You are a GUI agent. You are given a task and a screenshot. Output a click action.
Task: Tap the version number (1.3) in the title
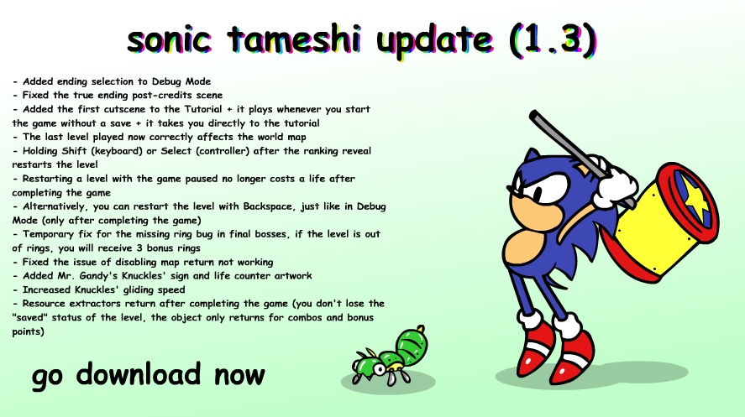(553, 39)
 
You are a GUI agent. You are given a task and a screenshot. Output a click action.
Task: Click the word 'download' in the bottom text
(139, 374)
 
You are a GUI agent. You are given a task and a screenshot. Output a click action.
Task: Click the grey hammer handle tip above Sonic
(534, 115)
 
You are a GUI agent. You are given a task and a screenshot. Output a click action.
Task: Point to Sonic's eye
(545, 190)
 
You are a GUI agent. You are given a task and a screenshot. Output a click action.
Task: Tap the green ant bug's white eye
(379, 368)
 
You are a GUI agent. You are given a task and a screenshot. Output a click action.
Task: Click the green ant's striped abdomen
(412, 345)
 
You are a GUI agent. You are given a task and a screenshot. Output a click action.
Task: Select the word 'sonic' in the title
(169, 39)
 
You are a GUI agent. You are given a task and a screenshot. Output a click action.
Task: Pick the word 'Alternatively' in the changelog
(54, 207)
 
